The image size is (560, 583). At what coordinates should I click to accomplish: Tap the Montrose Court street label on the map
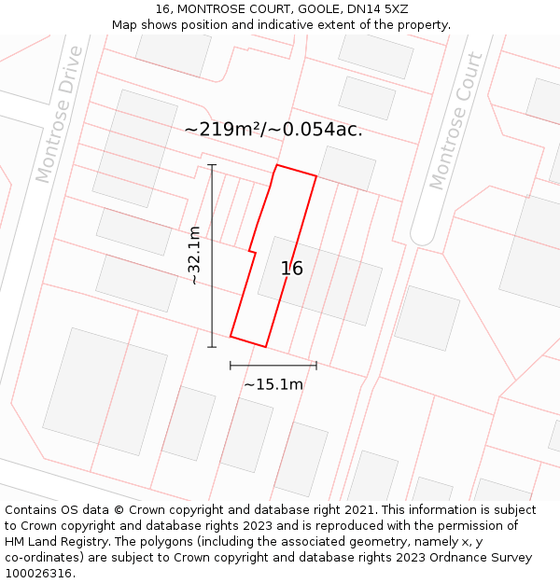coord(456,121)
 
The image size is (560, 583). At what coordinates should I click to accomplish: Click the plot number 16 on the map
coord(292,269)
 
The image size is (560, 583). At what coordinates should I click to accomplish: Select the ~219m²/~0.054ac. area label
coord(273,130)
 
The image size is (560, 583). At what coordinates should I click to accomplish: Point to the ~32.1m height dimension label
coord(195,256)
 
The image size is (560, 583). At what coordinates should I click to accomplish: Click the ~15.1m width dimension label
coord(273,384)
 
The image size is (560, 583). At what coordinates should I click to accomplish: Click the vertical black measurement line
coord(212,256)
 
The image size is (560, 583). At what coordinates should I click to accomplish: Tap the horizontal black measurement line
coord(273,365)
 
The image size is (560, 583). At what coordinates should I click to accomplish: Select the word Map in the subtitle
coord(125,25)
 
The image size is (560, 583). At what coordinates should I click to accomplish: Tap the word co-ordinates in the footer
coord(43,557)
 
